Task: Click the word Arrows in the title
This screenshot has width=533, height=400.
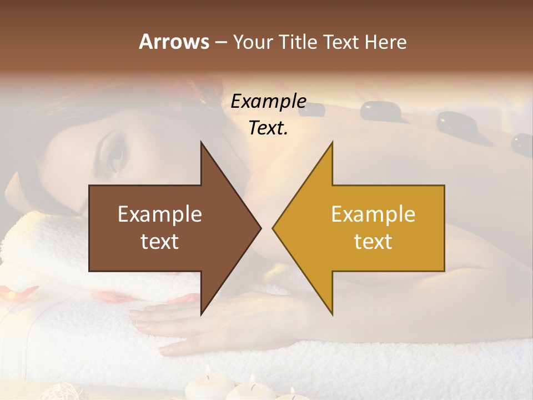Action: pyautogui.click(x=174, y=42)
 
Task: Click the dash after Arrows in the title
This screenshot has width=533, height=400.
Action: pyautogui.click(x=220, y=42)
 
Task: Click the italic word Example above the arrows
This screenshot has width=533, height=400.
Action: pyautogui.click(x=268, y=101)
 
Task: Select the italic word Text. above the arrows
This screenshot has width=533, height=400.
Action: pyautogui.click(x=268, y=128)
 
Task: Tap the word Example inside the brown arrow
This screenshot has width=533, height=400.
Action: pyautogui.click(x=160, y=214)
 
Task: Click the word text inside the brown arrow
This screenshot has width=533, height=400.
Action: pyautogui.click(x=160, y=242)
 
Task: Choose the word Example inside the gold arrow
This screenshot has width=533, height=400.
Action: pyautogui.click(x=373, y=214)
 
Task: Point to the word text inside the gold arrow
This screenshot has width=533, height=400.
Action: pyautogui.click(x=373, y=242)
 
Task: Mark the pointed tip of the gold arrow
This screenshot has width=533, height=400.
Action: pyautogui.click(x=273, y=228)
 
